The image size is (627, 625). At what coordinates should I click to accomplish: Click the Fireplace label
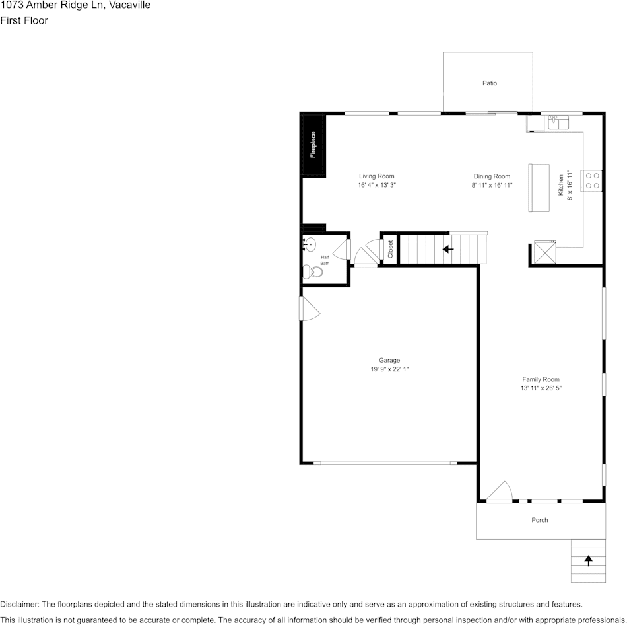pos(313,145)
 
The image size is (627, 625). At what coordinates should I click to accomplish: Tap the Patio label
pos(489,83)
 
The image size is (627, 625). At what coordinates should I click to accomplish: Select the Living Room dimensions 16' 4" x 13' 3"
pos(377,186)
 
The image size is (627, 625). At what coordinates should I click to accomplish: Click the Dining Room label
pos(492,176)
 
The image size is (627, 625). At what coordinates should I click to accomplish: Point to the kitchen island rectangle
pos(539,188)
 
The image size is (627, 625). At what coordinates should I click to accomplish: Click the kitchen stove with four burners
pos(592,180)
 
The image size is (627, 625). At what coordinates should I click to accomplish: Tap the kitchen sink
pos(558,122)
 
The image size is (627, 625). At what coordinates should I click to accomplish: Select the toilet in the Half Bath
pos(312,271)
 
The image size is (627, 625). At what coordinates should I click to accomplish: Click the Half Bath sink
pos(309,244)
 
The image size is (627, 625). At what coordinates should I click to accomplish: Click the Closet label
pos(390,249)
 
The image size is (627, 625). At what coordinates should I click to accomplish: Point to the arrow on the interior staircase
pos(448,249)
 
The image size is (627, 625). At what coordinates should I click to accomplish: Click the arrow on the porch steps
pos(588,560)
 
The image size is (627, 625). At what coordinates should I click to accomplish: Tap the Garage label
pos(389,360)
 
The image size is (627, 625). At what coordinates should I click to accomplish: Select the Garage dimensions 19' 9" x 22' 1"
pos(389,369)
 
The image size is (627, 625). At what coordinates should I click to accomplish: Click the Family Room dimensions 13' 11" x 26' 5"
pos(541,388)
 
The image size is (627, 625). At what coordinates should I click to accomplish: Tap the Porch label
pos(540,520)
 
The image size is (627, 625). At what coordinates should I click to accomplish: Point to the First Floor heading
pos(24,20)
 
